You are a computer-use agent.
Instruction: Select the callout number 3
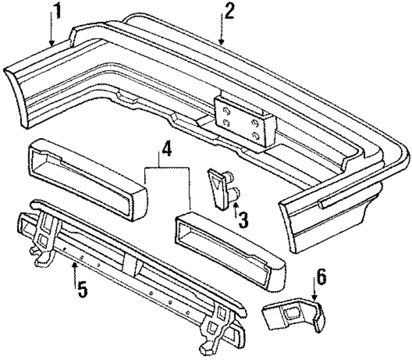tap(243, 219)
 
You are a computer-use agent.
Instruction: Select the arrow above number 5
tap(74, 270)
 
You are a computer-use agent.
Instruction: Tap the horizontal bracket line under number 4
tap(167, 167)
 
